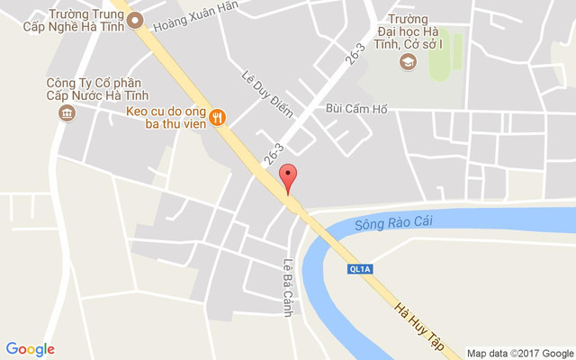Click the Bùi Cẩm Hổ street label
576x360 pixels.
pyautogui.click(x=356, y=110)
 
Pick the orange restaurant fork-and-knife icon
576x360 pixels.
pyautogui.click(x=217, y=116)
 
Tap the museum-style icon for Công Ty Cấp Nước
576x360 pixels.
pyautogui.click(x=66, y=112)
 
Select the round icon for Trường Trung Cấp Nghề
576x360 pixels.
pyautogui.click(x=135, y=22)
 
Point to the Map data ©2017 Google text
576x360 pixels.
pyautogui.click(x=519, y=353)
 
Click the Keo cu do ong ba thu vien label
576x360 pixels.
pyautogui.click(x=166, y=117)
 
